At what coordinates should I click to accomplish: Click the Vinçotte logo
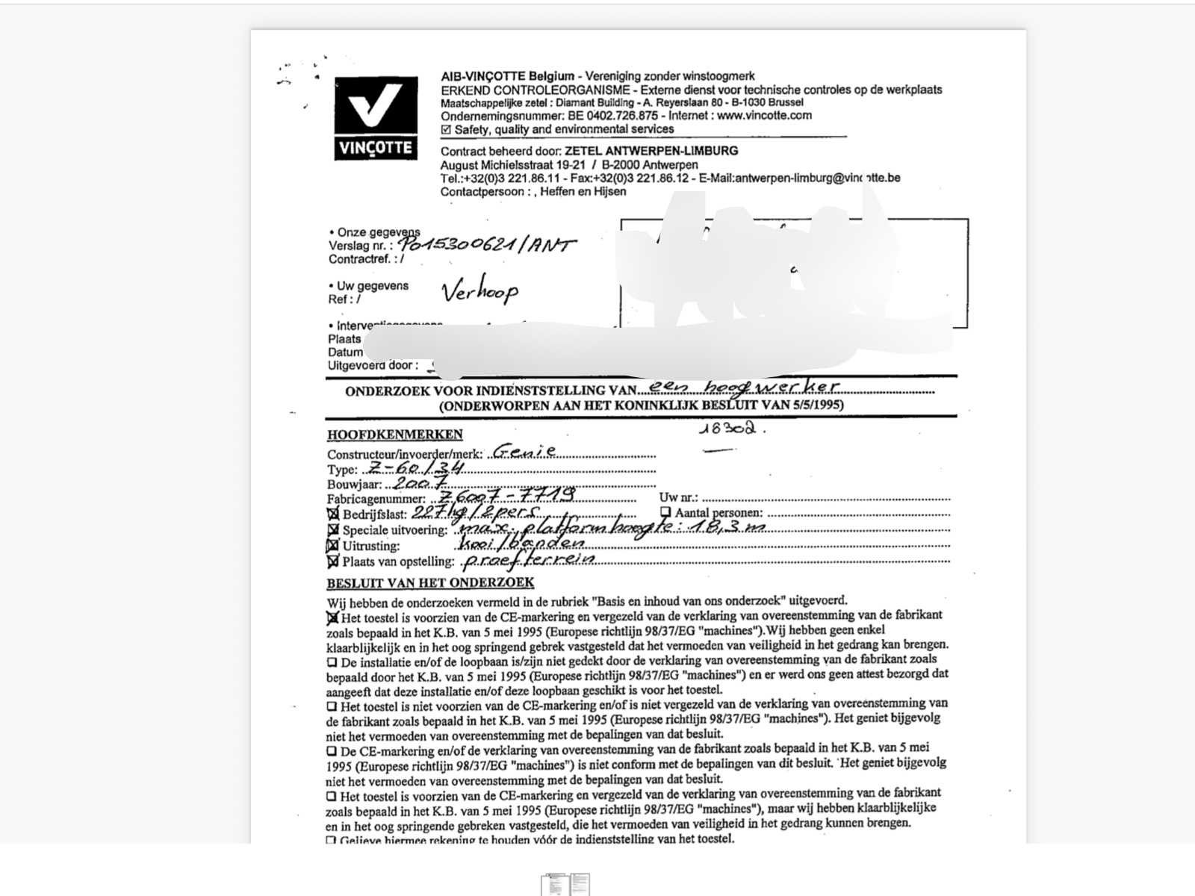[x=376, y=118]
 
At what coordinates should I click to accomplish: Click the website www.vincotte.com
[x=764, y=116]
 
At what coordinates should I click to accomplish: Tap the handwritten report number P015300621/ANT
[x=487, y=243]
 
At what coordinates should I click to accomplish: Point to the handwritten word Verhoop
[x=479, y=290]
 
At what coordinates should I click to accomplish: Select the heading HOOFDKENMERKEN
[x=394, y=435]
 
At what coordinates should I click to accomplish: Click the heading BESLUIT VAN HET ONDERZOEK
[x=430, y=583]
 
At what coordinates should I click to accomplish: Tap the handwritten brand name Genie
[x=524, y=451]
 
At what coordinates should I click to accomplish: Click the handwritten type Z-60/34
[x=415, y=468]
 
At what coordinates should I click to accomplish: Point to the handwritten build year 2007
[x=414, y=483]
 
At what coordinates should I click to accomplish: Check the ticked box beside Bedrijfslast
[x=333, y=514]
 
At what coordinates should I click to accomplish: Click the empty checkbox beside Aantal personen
[x=665, y=512]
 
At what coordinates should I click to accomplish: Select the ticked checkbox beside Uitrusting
[x=333, y=545]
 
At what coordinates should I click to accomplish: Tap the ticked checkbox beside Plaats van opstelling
[x=333, y=561]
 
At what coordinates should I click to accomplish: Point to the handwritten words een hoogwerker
[x=742, y=386]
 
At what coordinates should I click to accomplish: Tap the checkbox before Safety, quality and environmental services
[x=446, y=129]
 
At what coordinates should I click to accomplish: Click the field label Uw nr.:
[x=678, y=497]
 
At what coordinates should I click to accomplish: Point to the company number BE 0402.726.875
[x=612, y=116]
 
